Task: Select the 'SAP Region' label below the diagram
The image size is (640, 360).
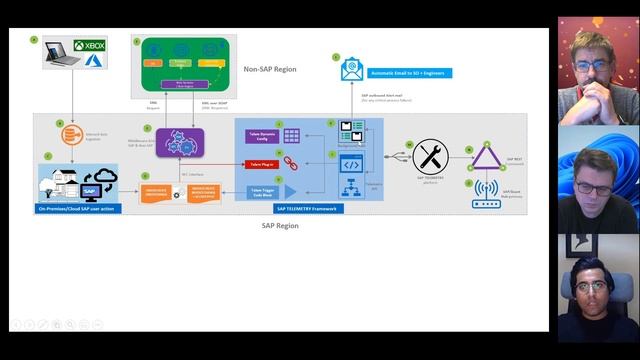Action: tap(279, 226)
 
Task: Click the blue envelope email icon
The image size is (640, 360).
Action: tap(352, 71)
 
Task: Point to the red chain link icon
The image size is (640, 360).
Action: tap(291, 162)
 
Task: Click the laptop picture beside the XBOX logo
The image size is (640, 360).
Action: tap(62, 52)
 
